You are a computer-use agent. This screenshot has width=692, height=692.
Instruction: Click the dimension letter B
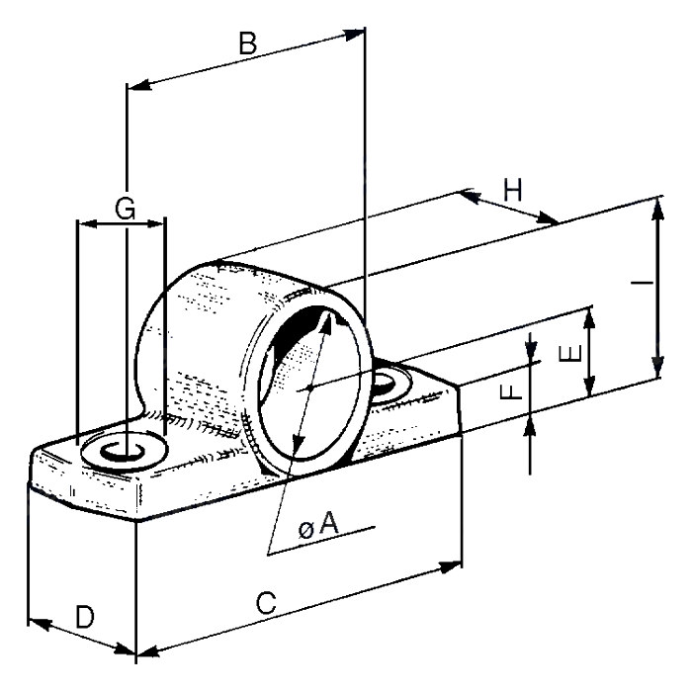pos(247,43)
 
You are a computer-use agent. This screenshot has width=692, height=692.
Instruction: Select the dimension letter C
pos(266,603)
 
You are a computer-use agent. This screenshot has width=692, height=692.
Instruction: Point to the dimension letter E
pos(570,354)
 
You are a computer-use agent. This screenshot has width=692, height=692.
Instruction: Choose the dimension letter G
pos(125,209)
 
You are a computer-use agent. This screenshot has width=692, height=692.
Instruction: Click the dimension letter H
pos(513,190)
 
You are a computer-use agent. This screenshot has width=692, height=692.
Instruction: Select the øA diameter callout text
pos(318,526)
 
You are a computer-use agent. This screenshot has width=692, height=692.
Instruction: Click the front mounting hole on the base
pos(124,450)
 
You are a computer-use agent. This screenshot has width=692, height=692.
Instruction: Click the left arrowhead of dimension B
pos(139,85)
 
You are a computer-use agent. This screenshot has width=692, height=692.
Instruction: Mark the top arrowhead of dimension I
pos(657,209)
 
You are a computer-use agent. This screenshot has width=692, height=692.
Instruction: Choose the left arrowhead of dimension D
pos(40,624)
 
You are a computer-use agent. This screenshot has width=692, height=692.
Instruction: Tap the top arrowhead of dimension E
pos(588,319)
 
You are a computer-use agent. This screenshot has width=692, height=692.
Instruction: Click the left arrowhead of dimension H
pos(470,196)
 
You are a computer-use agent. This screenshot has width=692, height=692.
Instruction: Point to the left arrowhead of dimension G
pos(87,223)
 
